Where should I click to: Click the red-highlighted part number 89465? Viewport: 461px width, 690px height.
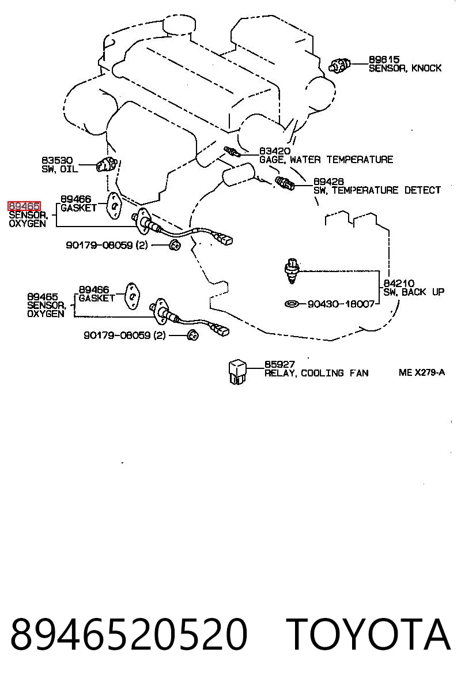[x=24, y=206]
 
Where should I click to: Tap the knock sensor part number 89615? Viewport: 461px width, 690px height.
[x=384, y=59]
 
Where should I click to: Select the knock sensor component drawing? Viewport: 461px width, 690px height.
[x=339, y=66]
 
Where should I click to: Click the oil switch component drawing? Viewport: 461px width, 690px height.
[x=108, y=164]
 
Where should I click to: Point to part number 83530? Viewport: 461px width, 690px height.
[x=57, y=160]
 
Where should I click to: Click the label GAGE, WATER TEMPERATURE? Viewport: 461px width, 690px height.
[x=326, y=159]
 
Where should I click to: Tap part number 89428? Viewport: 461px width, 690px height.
[x=328, y=182]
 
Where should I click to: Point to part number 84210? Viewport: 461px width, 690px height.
[x=399, y=284]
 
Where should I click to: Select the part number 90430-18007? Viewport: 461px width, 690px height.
[x=341, y=304]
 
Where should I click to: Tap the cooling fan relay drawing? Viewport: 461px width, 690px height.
[x=237, y=371]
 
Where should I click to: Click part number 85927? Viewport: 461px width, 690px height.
[x=279, y=364]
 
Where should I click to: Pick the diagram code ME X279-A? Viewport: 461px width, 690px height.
[x=421, y=372]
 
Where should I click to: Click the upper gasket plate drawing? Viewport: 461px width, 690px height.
[x=114, y=205]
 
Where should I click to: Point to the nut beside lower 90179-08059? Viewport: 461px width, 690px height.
[x=192, y=335]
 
